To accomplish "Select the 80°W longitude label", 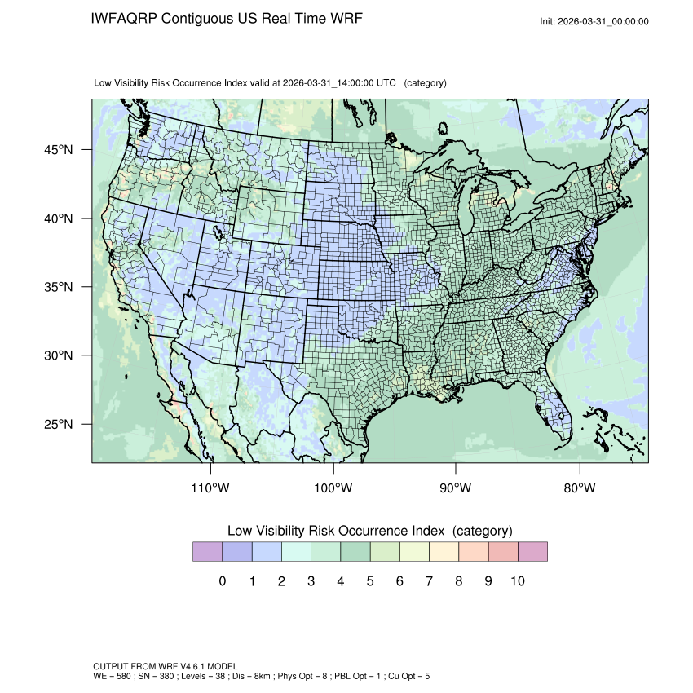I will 579,488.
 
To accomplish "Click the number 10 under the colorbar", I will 518,581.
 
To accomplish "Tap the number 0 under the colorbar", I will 222,581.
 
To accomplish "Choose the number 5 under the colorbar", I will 370,581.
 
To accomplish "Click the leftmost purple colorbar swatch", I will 207,552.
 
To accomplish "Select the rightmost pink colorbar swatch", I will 532,552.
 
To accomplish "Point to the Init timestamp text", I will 594,21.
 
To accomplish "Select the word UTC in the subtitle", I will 388,83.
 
